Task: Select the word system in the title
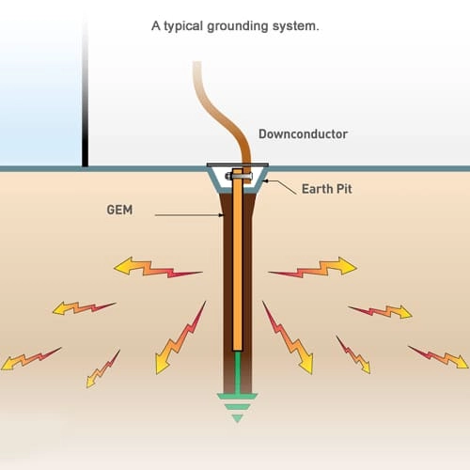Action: pos(296,27)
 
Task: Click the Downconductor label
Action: pos(302,134)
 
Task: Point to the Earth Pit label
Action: pos(329,188)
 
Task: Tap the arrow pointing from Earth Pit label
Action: pos(278,184)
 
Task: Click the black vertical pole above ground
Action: pos(86,94)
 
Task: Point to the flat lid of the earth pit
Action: pos(237,165)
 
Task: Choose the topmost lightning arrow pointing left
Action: pos(157,270)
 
